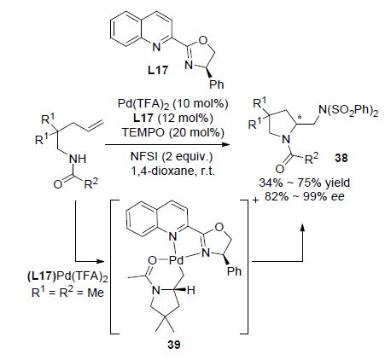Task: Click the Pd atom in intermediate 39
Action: click(x=176, y=259)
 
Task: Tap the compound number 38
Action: click(x=341, y=158)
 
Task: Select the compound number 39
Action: click(x=174, y=345)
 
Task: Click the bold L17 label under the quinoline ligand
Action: click(x=158, y=70)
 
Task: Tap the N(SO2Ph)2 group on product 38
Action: click(x=348, y=111)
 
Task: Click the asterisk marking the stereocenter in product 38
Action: click(x=299, y=117)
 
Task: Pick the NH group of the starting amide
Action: click(x=78, y=159)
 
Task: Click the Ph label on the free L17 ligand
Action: click(x=217, y=84)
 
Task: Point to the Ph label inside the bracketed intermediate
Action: click(x=234, y=271)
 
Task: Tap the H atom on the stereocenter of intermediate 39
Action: click(x=191, y=290)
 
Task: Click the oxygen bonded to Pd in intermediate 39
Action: click(x=152, y=260)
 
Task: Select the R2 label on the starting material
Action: click(x=90, y=183)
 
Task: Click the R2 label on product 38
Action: click(x=312, y=159)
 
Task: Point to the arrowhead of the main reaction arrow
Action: click(x=226, y=145)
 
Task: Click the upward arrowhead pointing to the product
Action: click(x=302, y=227)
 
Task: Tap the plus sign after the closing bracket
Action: click(x=255, y=200)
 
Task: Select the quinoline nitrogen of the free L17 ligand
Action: click(x=156, y=47)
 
